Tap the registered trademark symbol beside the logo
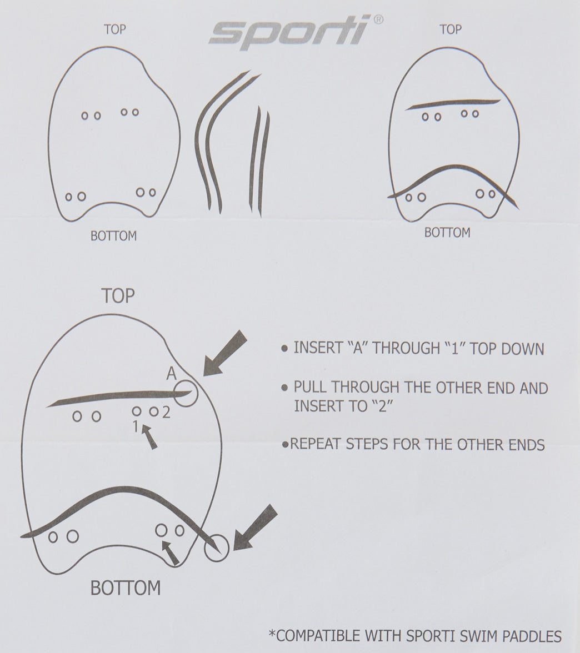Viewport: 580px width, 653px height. click(378, 19)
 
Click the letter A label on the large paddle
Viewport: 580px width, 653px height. click(171, 374)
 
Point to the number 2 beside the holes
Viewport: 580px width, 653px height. click(166, 412)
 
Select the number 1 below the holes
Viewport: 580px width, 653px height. click(136, 426)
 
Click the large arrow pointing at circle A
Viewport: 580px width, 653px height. click(225, 353)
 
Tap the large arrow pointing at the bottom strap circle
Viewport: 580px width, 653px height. click(255, 528)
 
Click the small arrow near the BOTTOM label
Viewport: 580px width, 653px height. click(170, 552)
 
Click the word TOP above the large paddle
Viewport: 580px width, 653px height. click(118, 295)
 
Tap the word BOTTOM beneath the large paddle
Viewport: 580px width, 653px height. click(126, 588)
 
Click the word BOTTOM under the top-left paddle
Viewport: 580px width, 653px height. click(113, 235)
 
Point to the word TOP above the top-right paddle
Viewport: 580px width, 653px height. click(451, 29)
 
